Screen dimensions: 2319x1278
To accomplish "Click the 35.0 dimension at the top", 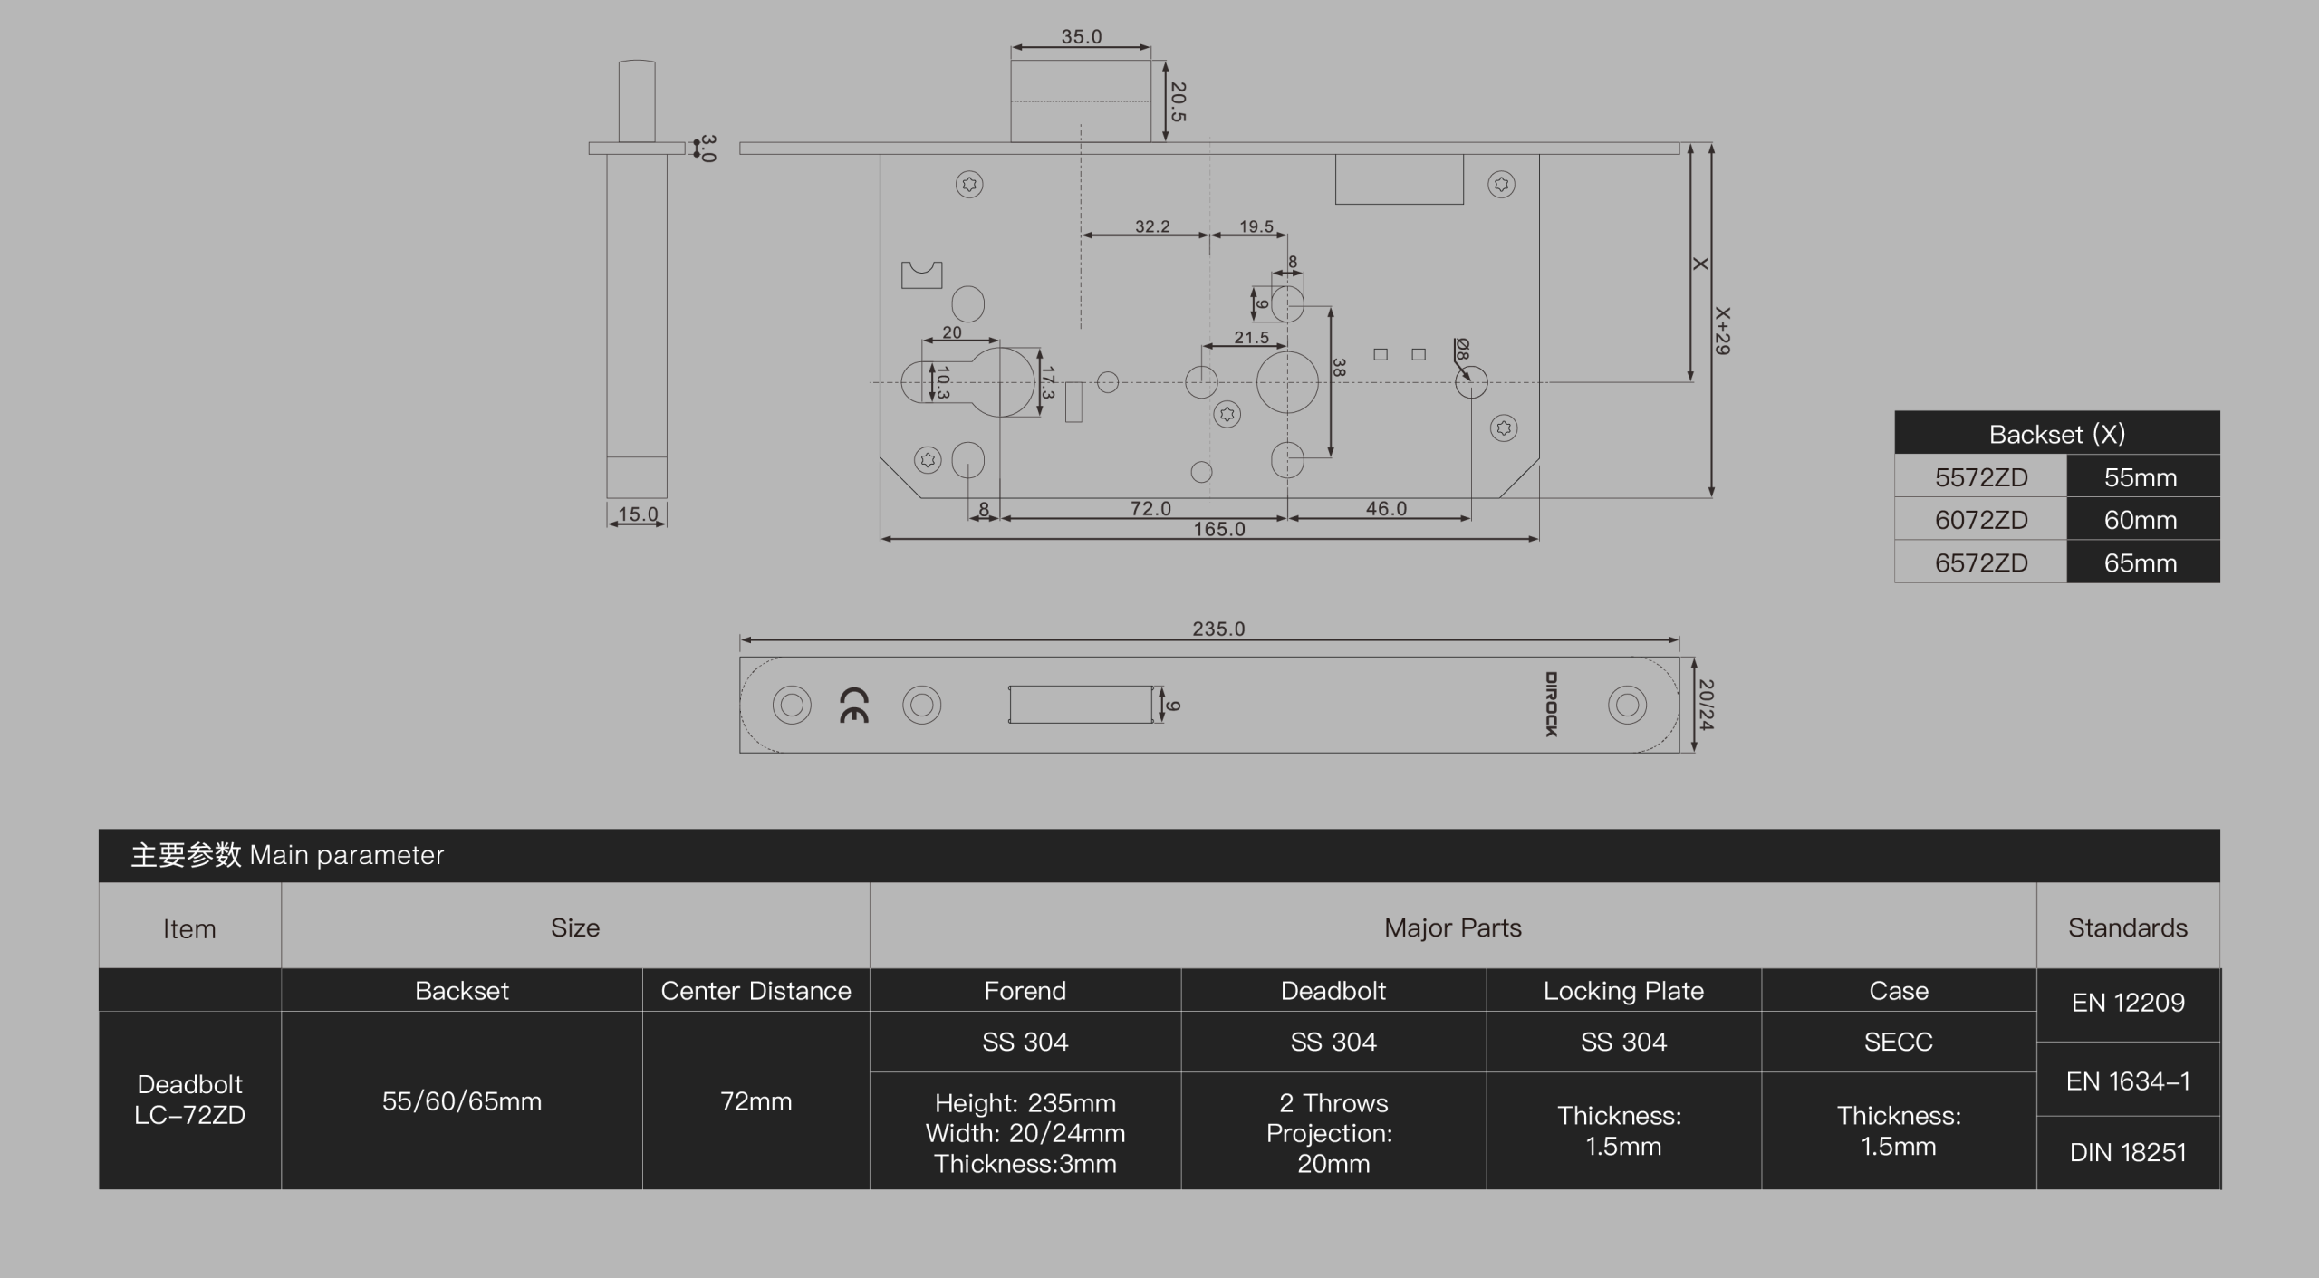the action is click(1082, 37).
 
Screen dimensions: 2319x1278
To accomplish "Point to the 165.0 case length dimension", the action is click(1219, 529).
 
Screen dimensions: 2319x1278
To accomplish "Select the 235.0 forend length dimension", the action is click(1218, 629).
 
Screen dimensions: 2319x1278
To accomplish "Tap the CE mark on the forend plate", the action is click(854, 705).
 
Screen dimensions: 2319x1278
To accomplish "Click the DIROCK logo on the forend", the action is click(1552, 704).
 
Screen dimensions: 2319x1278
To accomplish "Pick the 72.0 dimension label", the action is click(1150, 508).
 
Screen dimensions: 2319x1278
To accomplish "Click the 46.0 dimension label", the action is click(1386, 508).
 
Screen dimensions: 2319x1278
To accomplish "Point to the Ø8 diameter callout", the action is click(1462, 350).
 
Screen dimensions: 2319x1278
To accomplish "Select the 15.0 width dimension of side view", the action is click(638, 514).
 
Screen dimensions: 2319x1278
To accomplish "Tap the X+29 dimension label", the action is click(1722, 331).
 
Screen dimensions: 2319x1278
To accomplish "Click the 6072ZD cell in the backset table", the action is click(1981, 520).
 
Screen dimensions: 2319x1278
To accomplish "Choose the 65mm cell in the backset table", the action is click(2141, 562).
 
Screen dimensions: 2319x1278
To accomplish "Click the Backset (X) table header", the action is click(2057, 434).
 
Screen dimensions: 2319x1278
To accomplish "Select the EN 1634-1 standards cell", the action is click(2128, 1081).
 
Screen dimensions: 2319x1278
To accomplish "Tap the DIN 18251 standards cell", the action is click(2128, 1152).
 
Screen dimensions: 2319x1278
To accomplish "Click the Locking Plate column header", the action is click(1623, 990).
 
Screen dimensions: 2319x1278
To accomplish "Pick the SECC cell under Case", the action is click(1899, 1042).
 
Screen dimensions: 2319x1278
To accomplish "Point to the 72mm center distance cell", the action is click(755, 1100).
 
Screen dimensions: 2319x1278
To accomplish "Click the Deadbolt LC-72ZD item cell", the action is click(190, 1100).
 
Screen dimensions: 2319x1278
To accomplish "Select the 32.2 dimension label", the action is click(1152, 226).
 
